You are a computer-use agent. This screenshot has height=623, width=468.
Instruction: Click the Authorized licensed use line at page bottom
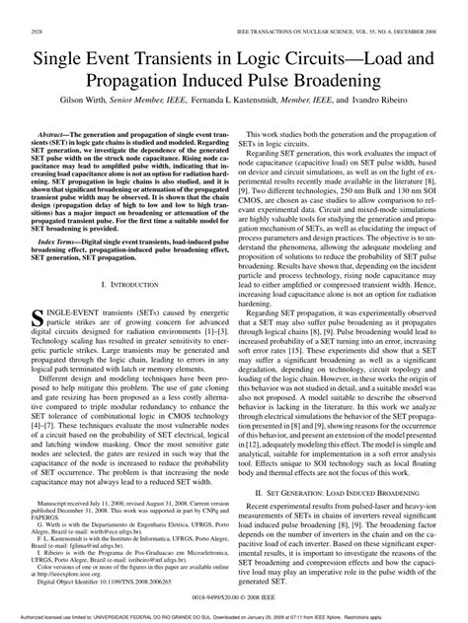(234, 614)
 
